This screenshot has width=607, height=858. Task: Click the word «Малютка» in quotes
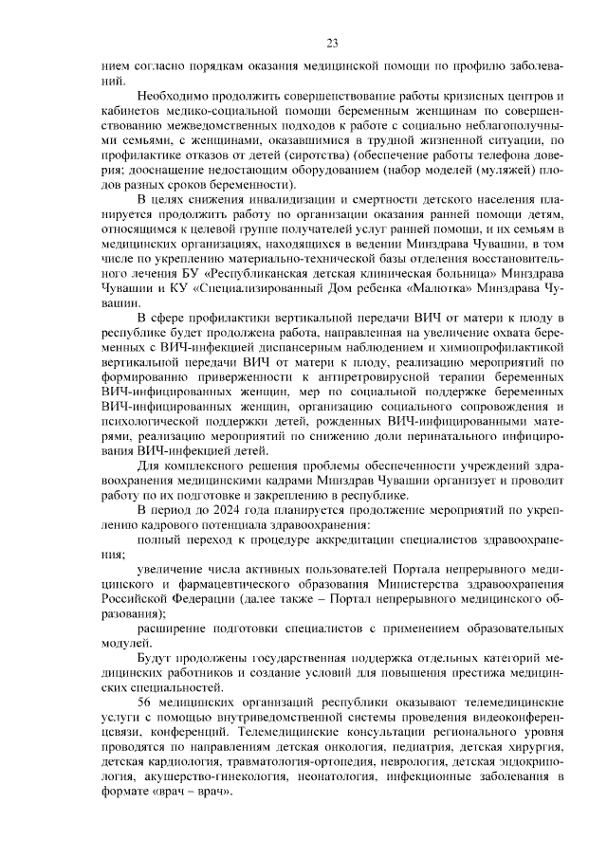(x=424, y=288)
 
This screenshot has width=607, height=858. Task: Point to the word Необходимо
(x=174, y=97)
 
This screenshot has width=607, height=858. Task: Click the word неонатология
(x=326, y=776)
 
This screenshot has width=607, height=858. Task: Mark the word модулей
(x=124, y=642)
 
